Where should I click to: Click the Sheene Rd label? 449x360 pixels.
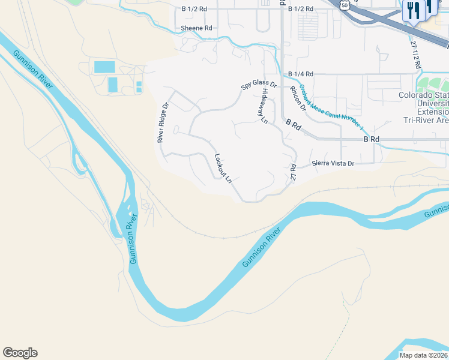(x=196, y=28)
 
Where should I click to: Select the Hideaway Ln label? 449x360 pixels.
(x=264, y=106)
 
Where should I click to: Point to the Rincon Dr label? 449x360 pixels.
(x=298, y=94)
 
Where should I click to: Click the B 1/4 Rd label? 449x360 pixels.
(x=300, y=74)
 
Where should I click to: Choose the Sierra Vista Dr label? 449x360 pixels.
(x=333, y=163)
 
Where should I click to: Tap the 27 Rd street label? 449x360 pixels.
(x=294, y=173)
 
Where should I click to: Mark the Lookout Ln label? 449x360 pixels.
(x=223, y=168)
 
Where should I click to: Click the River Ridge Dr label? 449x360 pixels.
(x=160, y=122)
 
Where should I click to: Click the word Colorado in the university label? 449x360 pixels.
(x=416, y=95)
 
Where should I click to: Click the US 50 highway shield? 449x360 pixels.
(x=344, y=5)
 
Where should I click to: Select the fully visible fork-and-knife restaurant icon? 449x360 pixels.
(x=412, y=11)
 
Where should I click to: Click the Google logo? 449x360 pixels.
(x=20, y=353)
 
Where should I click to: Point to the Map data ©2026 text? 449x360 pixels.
(x=423, y=355)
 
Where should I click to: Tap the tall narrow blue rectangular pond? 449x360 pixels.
(x=112, y=85)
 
